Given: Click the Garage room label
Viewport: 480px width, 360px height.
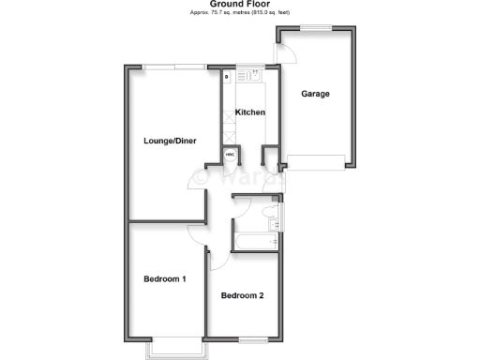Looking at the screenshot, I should pyautogui.click(x=315, y=94).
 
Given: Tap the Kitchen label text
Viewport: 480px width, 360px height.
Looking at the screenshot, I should pyautogui.click(x=249, y=112).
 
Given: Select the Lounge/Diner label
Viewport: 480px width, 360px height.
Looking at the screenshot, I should pyautogui.click(x=170, y=142).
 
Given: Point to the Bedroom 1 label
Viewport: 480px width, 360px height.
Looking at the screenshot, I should pyautogui.click(x=164, y=279).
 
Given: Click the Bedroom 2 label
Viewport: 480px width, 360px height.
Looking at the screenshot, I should pyautogui.click(x=242, y=296).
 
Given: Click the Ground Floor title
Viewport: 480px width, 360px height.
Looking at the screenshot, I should pyautogui.click(x=239, y=4).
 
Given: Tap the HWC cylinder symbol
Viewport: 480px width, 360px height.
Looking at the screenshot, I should pyautogui.click(x=230, y=155).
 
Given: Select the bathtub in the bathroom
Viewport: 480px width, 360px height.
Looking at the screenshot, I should pyautogui.click(x=252, y=243).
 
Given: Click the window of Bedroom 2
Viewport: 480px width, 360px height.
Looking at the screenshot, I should pyautogui.click(x=252, y=337).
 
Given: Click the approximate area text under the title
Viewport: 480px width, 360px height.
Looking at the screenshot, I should pyautogui.click(x=239, y=14).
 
